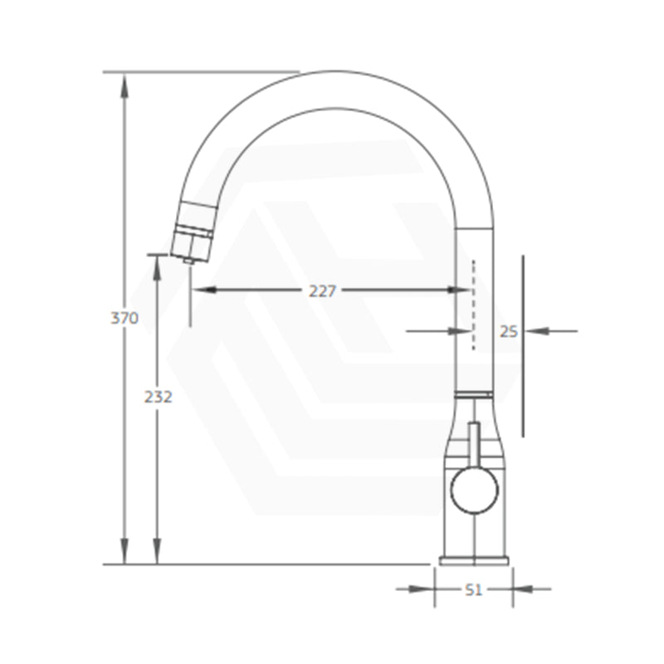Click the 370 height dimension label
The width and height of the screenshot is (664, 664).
coord(124,318)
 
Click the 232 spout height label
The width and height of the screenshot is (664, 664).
coord(158,397)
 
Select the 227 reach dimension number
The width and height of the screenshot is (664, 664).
coord(322,291)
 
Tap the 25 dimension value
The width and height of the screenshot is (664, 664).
coord(509,331)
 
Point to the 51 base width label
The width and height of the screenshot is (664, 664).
coord(473,589)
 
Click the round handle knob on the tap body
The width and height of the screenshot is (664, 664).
coord(474,489)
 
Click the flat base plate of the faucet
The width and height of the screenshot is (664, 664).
coord(474,561)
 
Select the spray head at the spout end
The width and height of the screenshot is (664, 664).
coord(193,231)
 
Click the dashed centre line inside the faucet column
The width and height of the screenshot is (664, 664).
coord(473,305)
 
